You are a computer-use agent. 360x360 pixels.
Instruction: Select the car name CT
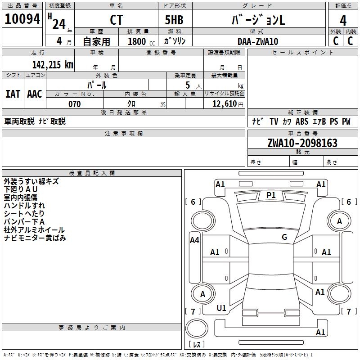116,20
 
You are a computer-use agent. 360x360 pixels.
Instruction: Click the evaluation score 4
343,21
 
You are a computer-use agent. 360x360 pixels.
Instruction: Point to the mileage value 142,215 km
53,64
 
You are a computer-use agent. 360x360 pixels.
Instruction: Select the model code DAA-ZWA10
258,41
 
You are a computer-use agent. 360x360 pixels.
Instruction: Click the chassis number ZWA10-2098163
302,143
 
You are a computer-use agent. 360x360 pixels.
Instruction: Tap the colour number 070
74,104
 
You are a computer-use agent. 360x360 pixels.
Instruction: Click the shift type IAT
13,94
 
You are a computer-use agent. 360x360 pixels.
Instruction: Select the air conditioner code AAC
35,94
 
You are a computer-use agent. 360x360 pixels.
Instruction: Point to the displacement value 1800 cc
140,41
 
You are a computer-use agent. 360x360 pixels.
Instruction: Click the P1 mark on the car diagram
271,195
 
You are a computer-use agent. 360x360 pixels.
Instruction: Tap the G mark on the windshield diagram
284,237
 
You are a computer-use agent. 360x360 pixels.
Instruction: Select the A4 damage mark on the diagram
194,240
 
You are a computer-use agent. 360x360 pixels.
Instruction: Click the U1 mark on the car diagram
221,308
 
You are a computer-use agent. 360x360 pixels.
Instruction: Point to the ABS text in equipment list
302,121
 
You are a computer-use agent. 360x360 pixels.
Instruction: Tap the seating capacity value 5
187,85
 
